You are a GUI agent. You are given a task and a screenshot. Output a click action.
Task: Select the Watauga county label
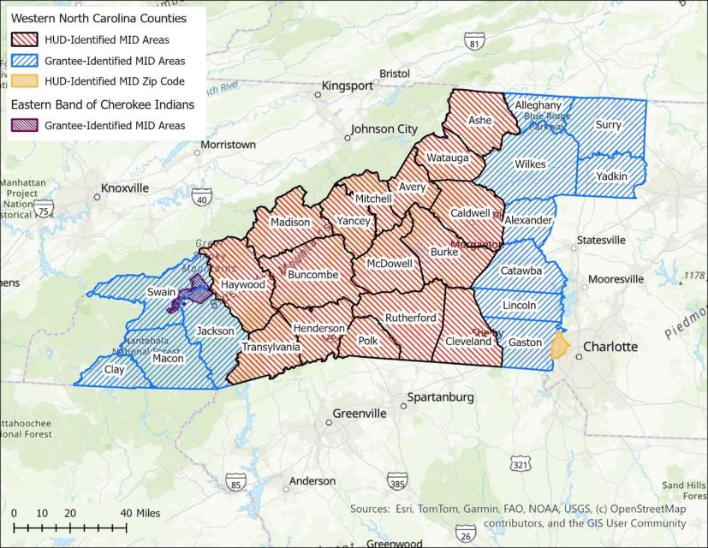tap(448, 158)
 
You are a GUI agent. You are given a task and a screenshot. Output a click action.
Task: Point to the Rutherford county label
tap(410, 319)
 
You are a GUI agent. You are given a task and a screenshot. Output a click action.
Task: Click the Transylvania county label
tap(271, 348)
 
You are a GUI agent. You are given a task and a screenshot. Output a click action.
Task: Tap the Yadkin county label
tap(613, 176)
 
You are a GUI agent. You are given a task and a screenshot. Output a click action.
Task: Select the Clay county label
tap(114, 371)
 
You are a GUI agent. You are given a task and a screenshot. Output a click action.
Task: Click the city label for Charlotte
tap(610, 347)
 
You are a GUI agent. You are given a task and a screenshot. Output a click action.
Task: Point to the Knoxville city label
tap(125, 188)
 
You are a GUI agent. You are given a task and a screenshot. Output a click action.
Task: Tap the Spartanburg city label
tap(441, 397)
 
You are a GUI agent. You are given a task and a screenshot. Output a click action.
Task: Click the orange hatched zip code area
tap(561, 347)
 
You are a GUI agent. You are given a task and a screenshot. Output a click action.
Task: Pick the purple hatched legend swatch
tap(27, 126)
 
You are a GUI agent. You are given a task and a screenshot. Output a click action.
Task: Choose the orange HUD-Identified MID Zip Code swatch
tap(27, 81)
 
